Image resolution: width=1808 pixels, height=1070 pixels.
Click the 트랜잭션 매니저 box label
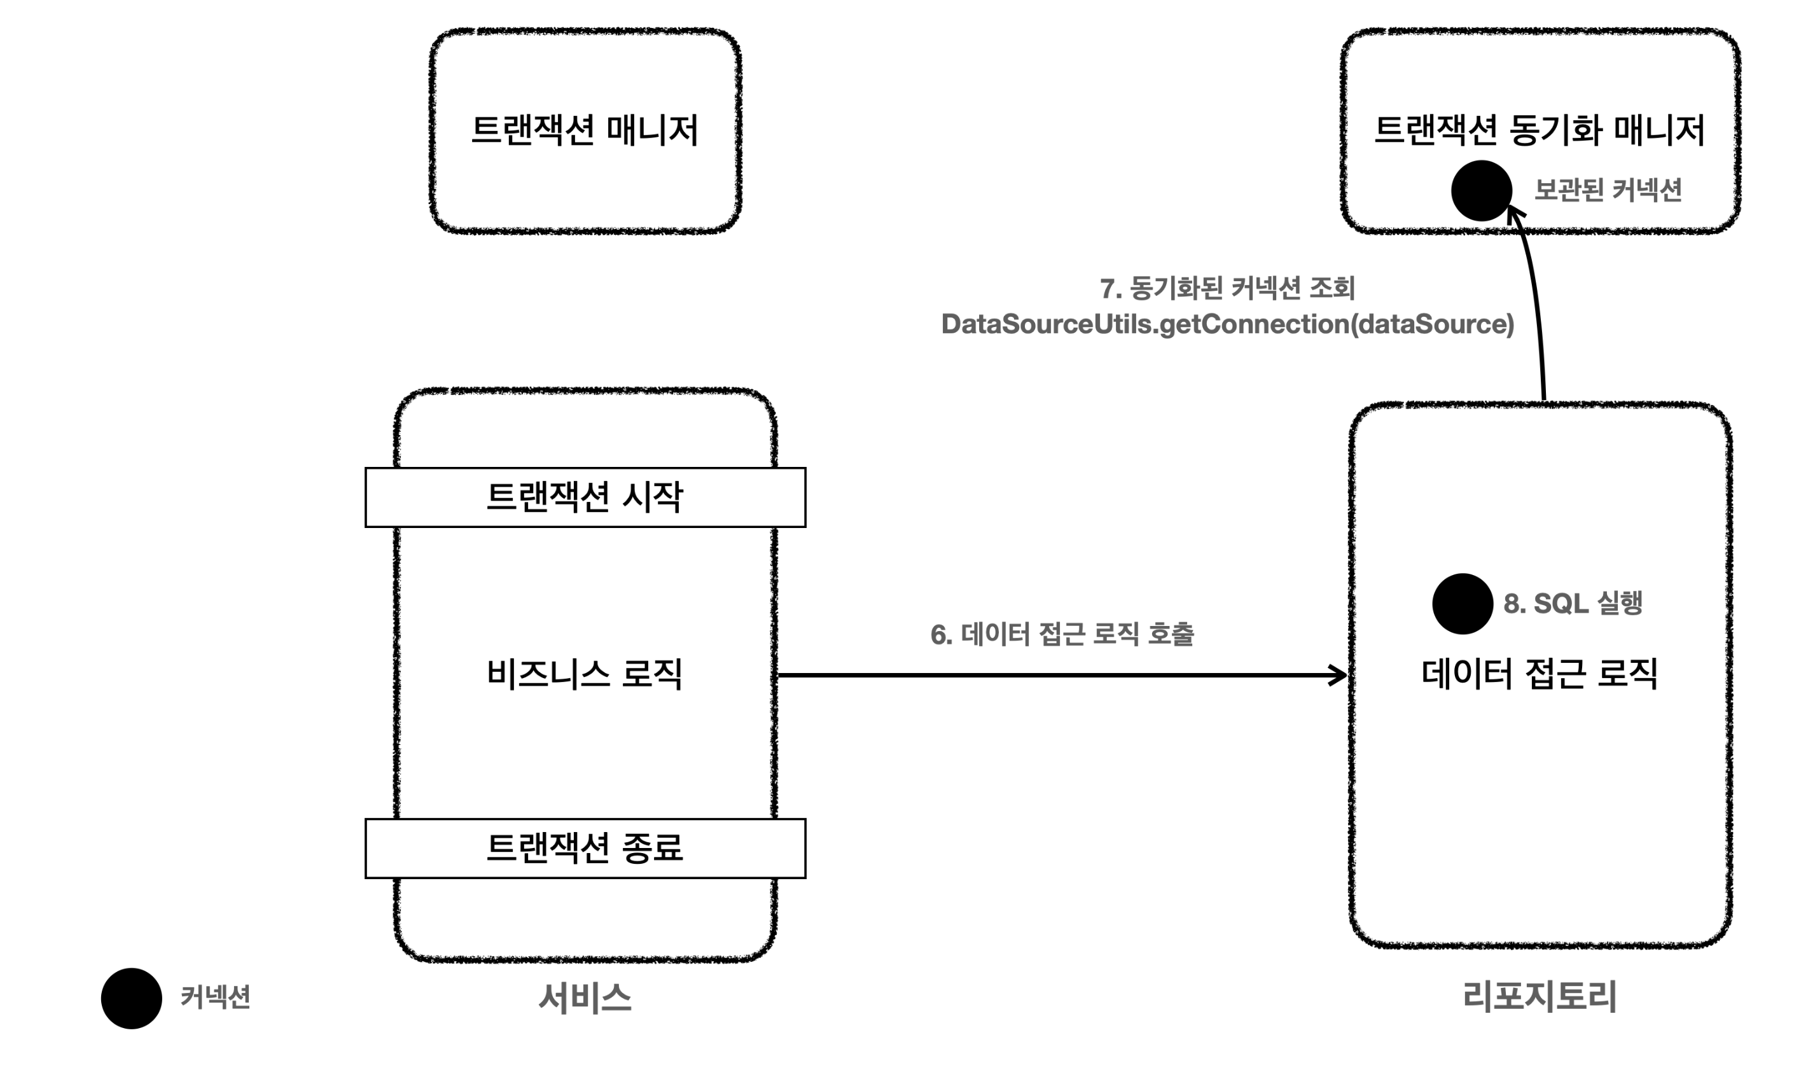584,130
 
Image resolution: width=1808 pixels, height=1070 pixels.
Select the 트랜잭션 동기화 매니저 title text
1538,130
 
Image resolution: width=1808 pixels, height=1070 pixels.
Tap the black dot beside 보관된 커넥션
1481,191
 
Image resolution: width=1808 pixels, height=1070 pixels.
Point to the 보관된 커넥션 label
1608,190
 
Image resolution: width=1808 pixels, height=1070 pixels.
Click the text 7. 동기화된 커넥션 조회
1227,288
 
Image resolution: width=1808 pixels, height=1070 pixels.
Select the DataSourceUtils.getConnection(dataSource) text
1227,324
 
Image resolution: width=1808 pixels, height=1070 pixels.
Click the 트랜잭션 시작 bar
585,497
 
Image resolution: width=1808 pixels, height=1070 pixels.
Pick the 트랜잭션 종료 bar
585,848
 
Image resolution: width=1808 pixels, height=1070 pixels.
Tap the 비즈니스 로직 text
584,674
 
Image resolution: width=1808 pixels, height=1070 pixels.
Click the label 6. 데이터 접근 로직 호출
1062,634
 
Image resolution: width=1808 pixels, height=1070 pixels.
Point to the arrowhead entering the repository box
1339,675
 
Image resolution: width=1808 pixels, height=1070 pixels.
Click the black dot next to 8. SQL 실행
1462,604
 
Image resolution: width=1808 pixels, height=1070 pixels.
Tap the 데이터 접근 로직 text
1539,674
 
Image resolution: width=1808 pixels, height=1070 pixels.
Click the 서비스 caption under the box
585,998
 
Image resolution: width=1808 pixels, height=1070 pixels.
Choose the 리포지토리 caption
1539,996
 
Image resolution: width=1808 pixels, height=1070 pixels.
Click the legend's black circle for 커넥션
131,998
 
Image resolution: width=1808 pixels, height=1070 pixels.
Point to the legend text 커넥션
215,997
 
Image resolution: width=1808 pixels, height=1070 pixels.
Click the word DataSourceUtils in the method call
1047,324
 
